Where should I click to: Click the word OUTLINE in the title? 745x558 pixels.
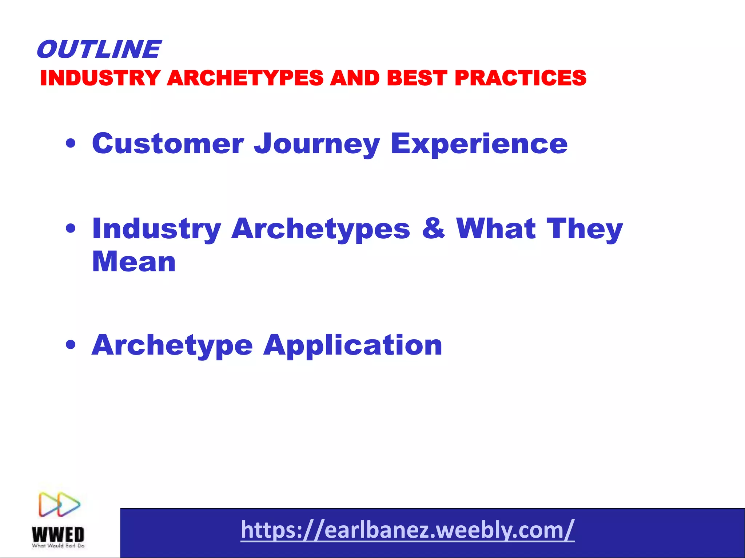98,49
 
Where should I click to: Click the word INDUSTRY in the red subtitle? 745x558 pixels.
100,78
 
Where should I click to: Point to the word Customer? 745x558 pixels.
168,143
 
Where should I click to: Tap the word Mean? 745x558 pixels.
134,262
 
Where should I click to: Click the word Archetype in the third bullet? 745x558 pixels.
172,345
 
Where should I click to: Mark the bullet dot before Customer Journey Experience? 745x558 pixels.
71,144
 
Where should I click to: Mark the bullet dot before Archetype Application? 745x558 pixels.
71,345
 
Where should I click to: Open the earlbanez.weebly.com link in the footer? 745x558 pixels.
407,530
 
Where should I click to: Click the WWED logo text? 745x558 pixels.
58,534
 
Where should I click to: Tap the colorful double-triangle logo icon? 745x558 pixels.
59,504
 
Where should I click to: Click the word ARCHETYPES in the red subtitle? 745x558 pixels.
245,78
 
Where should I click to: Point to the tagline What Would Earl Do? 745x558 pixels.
58,546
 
